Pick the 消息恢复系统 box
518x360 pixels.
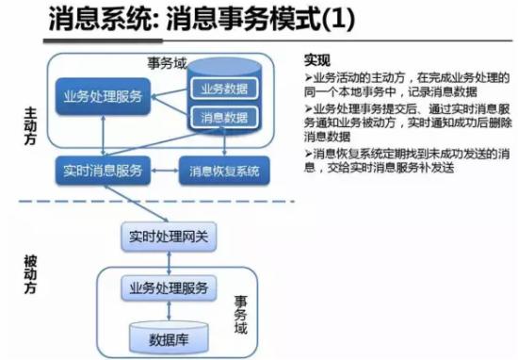point(224,172)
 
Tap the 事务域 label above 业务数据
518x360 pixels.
point(166,62)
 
